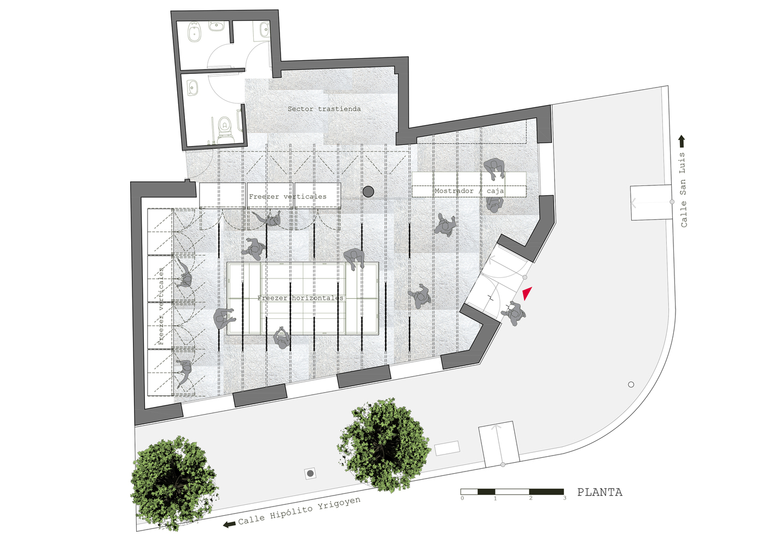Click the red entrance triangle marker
click(x=527, y=294)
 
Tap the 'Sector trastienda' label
click(x=324, y=109)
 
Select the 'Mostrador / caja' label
click(x=469, y=191)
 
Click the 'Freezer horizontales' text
click(x=300, y=298)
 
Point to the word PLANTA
click(x=600, y=492)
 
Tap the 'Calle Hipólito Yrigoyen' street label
click(x=299, y=511)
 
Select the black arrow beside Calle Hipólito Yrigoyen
click(x=229, y=524)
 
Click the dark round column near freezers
click(x=368, y=191)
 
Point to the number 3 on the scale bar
click(x=565, y=498)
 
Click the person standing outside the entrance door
click(x=514, y=313)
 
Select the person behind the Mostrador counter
click(x=494, y=168)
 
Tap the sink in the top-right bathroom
click(x=264, y=30)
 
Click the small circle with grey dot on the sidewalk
click(x=311, y=473)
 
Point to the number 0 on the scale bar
click(x=462, y=498)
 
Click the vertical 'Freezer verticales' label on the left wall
click(x=161, y=306)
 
